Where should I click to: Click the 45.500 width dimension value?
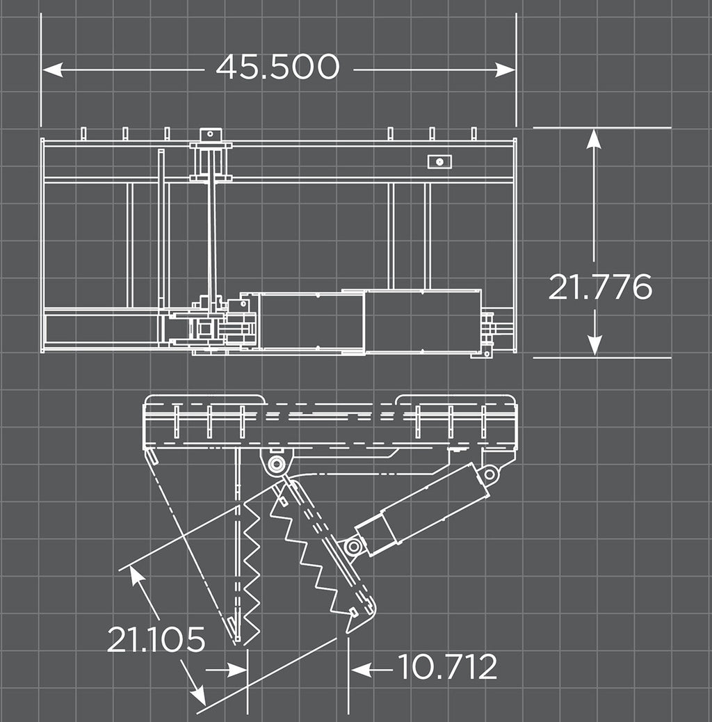[x=277, y=67]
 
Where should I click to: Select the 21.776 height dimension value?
[x=600, y=287]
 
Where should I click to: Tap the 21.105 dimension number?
[x=156, y=639]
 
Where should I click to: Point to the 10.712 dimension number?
[x=447, y=666]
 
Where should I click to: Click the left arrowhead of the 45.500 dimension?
[x=52, y=70]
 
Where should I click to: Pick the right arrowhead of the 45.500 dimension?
[x=505, y=70]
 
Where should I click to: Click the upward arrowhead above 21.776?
[x=594, y=138]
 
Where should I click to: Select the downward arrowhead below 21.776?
[x=594, y=345]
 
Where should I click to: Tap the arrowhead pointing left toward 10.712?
[x=361, y=670]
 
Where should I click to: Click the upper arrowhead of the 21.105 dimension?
[x=136, y=575]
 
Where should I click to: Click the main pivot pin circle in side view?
[x=276, y=464]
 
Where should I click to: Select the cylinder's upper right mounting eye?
[x=489, y=474]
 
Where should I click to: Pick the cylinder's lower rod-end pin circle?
[x=353, y=547]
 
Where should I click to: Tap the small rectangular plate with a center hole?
[x=439, y=161]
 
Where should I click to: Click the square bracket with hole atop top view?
[x=211, y=134]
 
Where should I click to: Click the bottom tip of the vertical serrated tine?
[x=236, y=641]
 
